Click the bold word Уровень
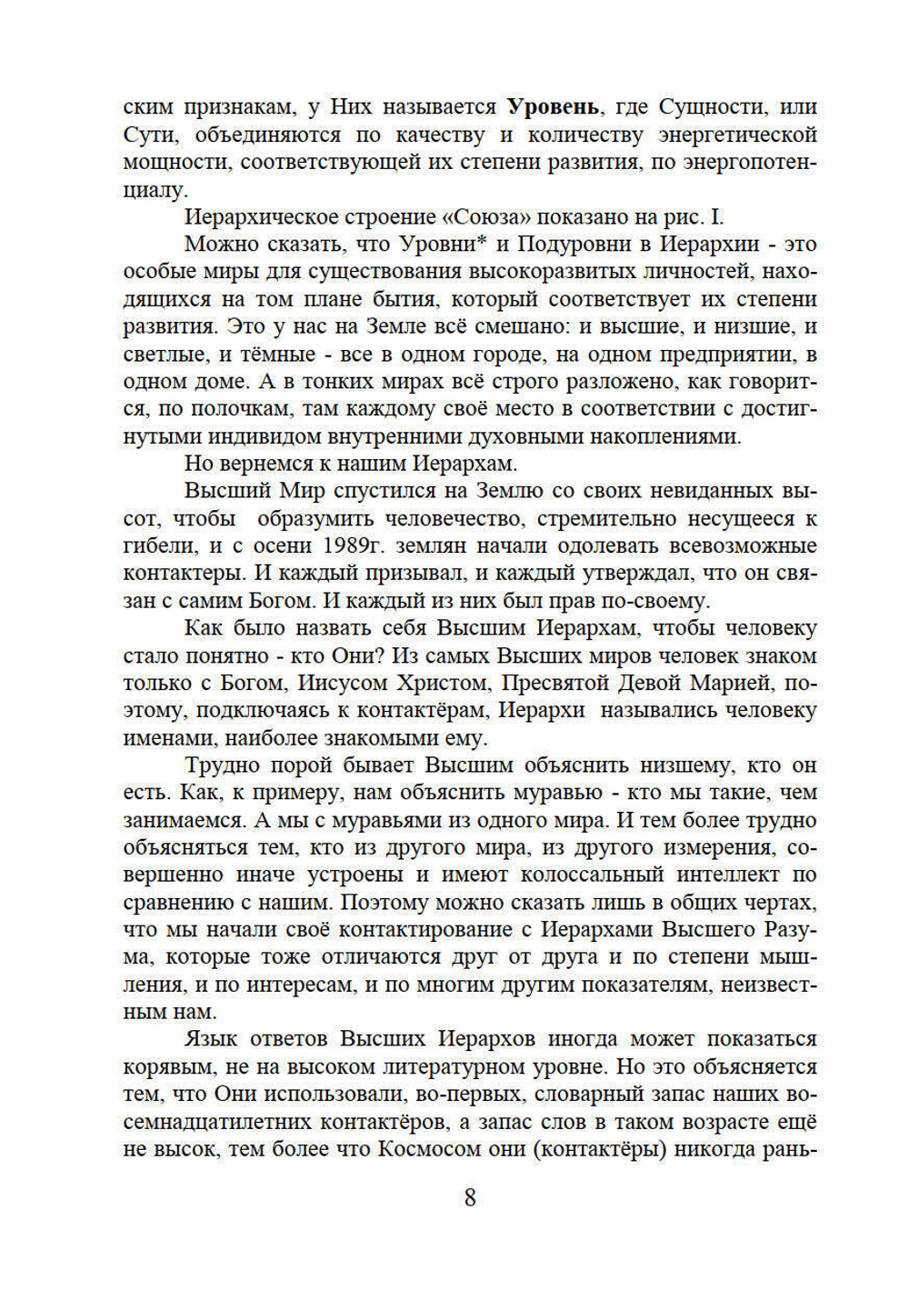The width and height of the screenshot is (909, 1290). point(553,107)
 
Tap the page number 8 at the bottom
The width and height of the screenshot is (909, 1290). point(470,1197)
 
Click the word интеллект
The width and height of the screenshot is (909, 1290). point(728,875)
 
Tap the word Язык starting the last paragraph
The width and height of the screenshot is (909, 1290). point(214,1039)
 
